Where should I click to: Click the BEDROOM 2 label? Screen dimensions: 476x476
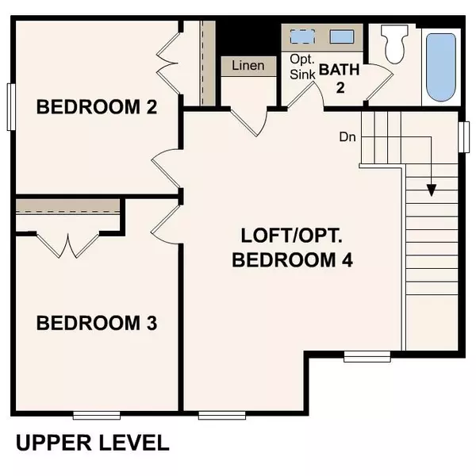[97, 106]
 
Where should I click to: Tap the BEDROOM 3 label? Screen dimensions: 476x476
[97, 323]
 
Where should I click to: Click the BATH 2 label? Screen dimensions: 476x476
[340, 77]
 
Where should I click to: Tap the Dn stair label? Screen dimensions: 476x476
[347, 136]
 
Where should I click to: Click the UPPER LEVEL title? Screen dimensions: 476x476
[92, 442]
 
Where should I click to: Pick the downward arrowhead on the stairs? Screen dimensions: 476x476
[431, 190]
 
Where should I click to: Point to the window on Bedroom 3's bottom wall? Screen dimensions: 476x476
[96, 414]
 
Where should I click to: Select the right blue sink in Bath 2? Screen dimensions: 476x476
[341, 36]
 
